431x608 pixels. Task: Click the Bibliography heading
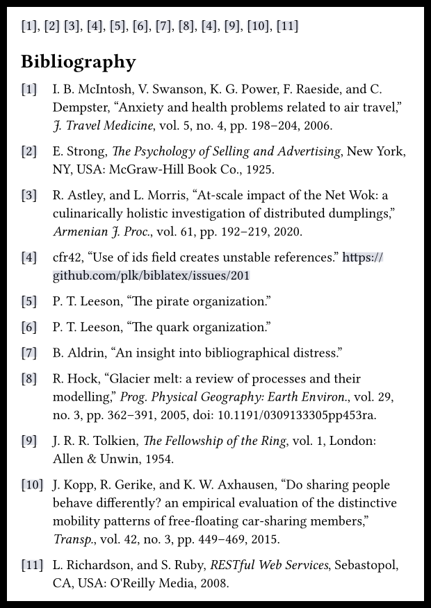point(78,62)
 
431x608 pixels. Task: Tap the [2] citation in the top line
point(51,26)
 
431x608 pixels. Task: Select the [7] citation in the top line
point(163,26)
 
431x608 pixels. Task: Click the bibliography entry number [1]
point(29,90)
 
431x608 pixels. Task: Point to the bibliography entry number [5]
point(29,301)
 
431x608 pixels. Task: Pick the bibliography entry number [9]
point(29,441)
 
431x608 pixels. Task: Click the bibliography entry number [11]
point(32,565)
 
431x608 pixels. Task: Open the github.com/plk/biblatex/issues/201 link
point(151,276)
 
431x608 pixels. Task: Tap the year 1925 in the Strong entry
point(259,169)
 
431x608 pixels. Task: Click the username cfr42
point(67,257)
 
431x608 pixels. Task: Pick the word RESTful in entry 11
point(233,565)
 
